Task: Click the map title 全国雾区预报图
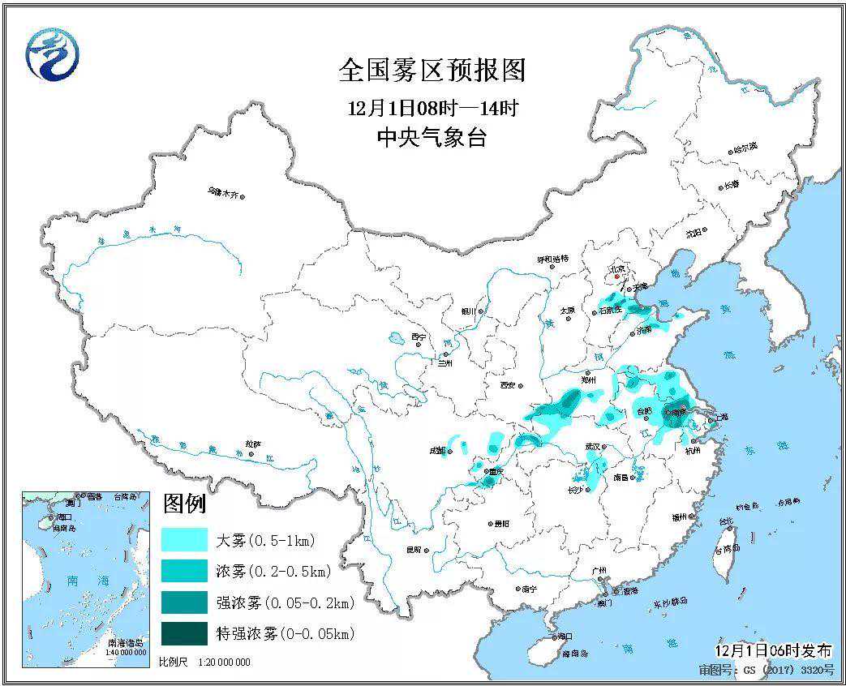432,71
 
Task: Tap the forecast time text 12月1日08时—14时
432,107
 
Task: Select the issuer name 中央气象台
432,138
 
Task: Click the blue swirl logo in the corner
54,54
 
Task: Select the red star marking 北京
617,276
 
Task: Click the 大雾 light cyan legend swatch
184,540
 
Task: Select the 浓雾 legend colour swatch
184,572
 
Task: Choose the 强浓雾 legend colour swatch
184,602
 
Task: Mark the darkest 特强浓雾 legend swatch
184,634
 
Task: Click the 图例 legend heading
184,504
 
